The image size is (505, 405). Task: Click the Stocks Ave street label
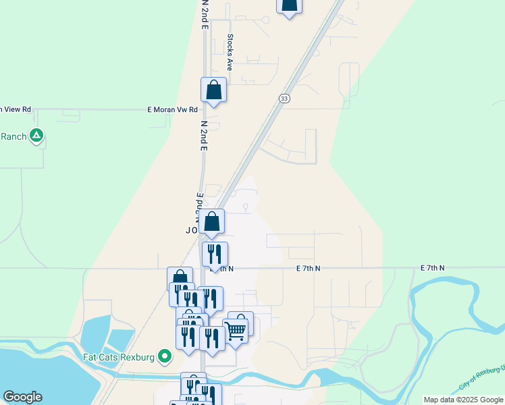(x=230, y=53)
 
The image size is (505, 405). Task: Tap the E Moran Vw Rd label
(x=173, y=109)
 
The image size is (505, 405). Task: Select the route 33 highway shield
(x=284, y=99)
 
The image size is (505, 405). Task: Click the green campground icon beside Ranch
(x=37, y=136)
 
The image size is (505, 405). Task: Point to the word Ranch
(x=14, y=136)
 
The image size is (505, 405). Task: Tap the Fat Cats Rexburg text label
(x=119, y=356)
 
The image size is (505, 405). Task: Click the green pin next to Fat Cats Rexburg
(x=164, y=356)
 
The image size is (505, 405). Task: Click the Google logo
(x=22, y=397)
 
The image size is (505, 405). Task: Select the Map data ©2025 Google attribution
(x=463, y=400)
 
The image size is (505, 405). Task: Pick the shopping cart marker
(x=235, y=330)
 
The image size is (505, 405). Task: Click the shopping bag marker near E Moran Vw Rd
(x=213, y=90)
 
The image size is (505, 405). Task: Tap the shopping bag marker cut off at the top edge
(x=289, y=5)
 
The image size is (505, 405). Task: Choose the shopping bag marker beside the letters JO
(x=212, y=221)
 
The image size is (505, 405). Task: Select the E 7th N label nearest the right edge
(x=433, y=268)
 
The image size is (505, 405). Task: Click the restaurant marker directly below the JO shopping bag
(x=215, y=254)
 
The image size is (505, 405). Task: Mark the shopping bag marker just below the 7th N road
(x=180, y=277)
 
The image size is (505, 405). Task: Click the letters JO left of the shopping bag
(x=191, y=230)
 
